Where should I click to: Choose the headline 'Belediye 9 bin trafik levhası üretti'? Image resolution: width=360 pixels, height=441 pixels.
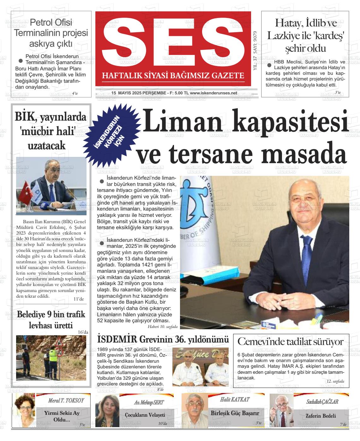(x=51, y=319)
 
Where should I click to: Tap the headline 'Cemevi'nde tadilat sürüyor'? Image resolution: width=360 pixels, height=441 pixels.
(x=290, y=342)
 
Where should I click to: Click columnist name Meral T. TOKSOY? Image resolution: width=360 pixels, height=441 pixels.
(x=66, y=400)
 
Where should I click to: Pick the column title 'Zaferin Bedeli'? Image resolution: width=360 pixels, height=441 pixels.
(x=320, y=416)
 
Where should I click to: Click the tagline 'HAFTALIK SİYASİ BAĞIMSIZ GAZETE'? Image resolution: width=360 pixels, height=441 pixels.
(x=173, y=76)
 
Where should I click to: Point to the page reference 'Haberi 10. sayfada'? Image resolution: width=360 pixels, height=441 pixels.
(x=163, y=327)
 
